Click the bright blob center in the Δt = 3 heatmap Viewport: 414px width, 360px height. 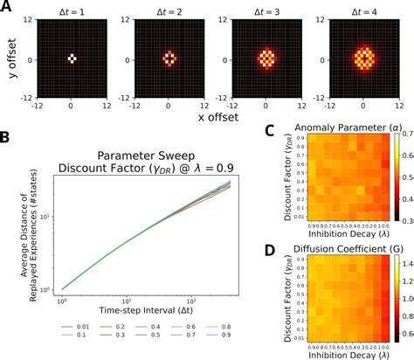(x=266, y=59)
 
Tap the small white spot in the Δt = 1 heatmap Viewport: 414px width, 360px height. (x=72, y=59)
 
